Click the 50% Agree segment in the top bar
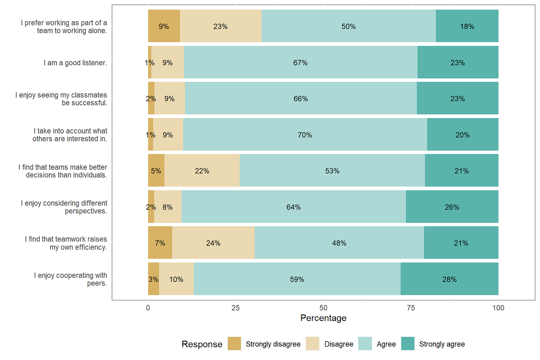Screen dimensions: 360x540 click(x=348, y=26)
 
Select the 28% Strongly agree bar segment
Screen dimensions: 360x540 click(x=449, y=279)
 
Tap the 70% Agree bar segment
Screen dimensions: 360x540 click(x=305, y=135)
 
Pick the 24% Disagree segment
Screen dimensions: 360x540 click(x=213, y=243)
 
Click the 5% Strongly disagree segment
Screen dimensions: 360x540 click(x=156, y=171)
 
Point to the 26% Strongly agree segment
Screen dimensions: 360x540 click(x=452, y=207)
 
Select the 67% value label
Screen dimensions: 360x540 click(x=300, y=63)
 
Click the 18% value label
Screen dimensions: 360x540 click(x=467, y=26)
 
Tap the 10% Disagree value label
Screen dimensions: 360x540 click(x=176, y=279)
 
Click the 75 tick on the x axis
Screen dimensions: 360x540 click(x=411, y=308)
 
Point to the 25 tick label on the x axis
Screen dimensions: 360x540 click(x=235, y=308)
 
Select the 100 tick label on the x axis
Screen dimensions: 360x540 click(x=498, y=308)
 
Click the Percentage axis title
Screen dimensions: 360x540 click(x=323, y=318)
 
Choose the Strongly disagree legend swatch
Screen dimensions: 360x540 click(x=234, y=344)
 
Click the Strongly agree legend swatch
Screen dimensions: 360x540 click(x=408, y=344)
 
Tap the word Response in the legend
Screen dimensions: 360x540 click(x=202, y=344)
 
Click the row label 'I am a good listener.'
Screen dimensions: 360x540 click(x=75, y=63)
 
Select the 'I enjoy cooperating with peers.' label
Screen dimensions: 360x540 click(x=71, y=279)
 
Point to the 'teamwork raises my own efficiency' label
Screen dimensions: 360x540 click(x=66, y=243)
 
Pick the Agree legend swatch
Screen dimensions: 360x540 click(x=365, y=344)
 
